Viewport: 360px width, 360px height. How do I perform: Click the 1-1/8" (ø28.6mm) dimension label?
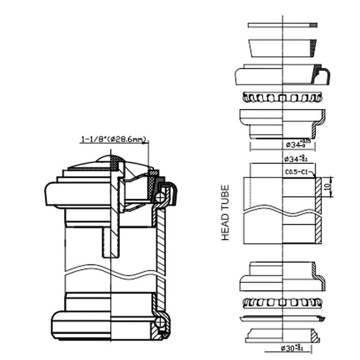click(x=114, y=139)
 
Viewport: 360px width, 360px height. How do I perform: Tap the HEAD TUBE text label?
click(x=225, y=213)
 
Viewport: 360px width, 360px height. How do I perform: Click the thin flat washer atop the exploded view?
click(x=282, y=25)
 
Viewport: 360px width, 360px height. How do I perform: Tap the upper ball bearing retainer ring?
click(x=282, y=97)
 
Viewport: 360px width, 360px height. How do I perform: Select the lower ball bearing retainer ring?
click(x=282, y=302)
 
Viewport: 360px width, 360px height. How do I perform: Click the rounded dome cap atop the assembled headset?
click(x=109, y=161)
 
